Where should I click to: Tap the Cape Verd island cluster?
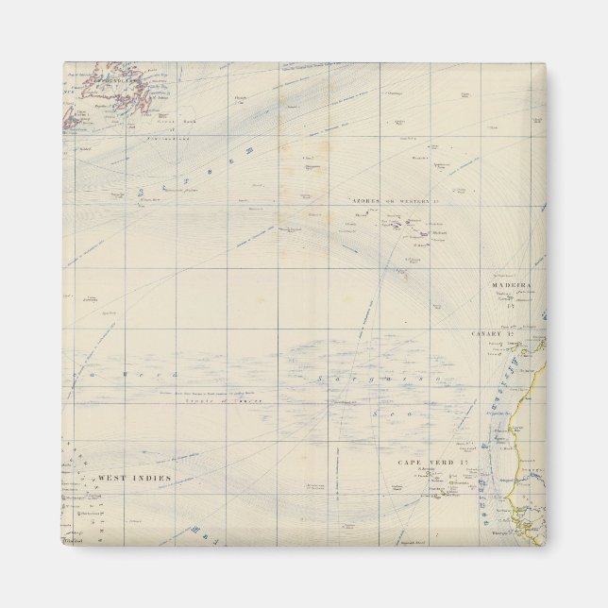444,487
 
